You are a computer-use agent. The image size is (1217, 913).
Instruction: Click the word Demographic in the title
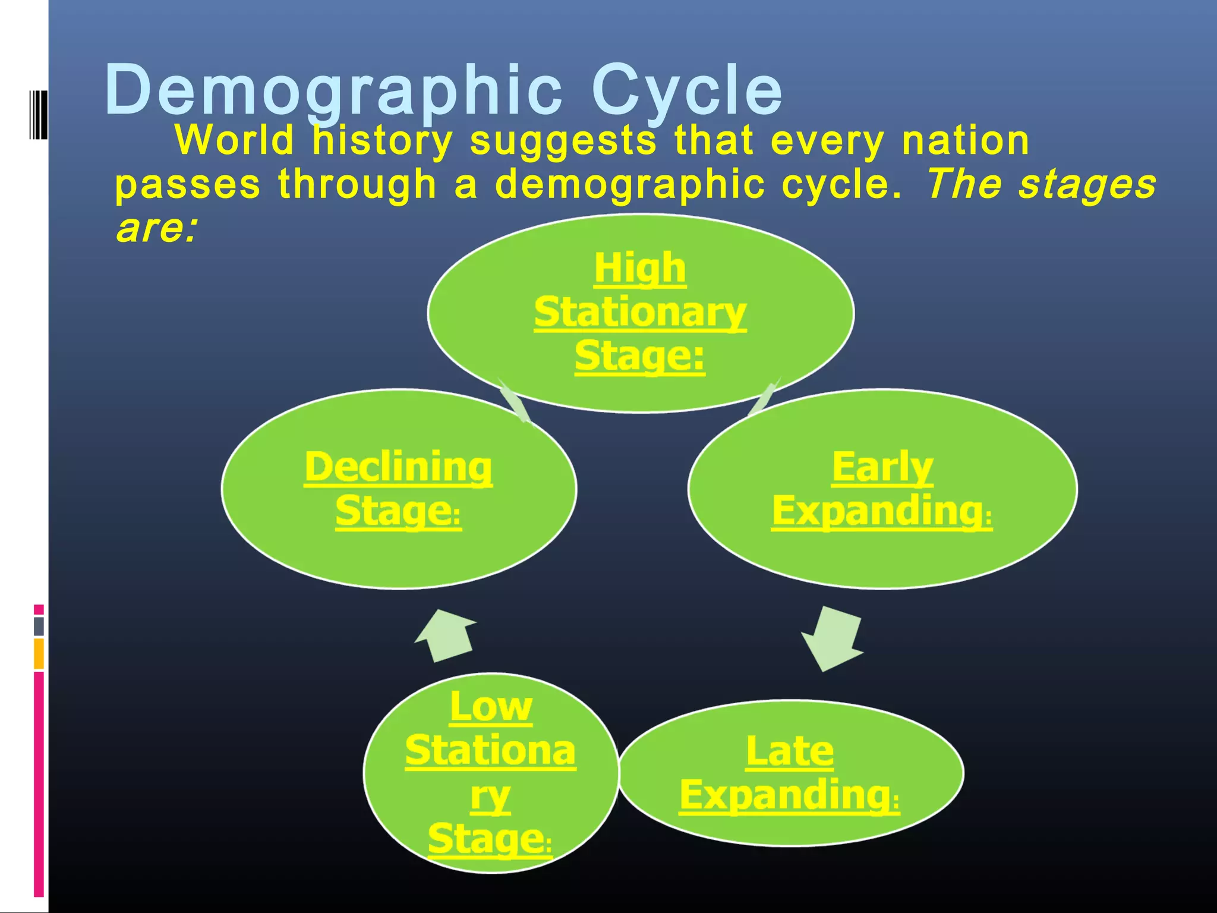click(333, 91)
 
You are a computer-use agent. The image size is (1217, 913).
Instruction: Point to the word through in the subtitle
click(357, 184)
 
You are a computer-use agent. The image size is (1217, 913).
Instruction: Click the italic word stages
click(1087, 184)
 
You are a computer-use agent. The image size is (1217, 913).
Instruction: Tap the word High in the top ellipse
click(640, 268)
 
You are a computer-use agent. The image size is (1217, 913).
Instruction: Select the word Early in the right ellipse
click(882, 467)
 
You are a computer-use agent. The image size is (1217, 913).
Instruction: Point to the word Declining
click(398, 467)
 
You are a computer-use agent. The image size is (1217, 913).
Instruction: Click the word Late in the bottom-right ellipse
click(790, 751)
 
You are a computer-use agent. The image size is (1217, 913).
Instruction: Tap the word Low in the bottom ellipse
click(491, 707)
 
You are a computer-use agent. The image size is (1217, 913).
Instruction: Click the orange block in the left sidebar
click(39, 653)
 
